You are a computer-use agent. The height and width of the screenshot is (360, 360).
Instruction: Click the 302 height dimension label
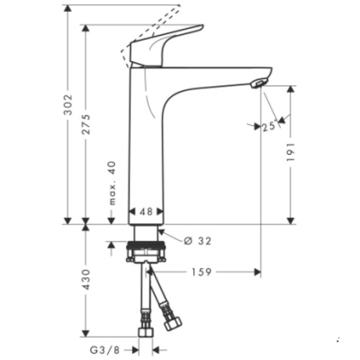tap(70, 105)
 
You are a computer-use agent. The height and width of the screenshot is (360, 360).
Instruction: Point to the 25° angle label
tap(269, 126)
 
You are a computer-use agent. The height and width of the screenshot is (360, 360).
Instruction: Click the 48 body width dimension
tap(146, 211)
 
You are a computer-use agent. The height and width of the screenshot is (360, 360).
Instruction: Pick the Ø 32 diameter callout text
tap(197, 240)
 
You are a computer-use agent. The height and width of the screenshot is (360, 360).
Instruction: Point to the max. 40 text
tap(113, 183)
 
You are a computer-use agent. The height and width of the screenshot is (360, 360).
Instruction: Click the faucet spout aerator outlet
tap(257, 84)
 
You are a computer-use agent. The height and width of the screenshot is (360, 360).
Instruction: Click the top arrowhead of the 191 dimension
tap(291, 89)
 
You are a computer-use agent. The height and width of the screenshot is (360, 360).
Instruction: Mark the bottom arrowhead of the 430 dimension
tap(86, 330)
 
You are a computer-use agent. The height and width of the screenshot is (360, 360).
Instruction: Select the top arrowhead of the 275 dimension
tap(86, 28)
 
